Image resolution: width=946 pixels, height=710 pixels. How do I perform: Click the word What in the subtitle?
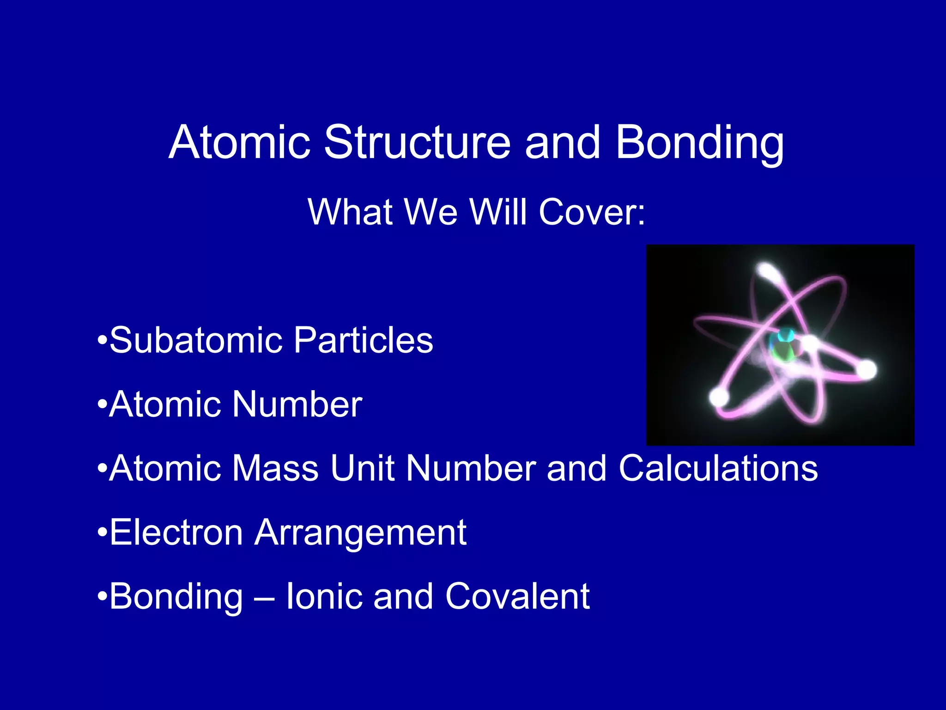tap(350, 212)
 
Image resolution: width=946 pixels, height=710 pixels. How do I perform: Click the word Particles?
tap(363, 340)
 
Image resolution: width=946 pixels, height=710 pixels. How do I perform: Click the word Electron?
tap(176, 532)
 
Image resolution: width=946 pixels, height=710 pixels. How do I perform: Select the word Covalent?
tap(517, 596)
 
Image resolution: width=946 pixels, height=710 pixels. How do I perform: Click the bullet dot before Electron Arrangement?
tap(102, 533)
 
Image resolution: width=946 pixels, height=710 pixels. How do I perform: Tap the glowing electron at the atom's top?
tap(767, 271)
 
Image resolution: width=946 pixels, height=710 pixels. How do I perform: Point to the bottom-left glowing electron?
tap(719, 397)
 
